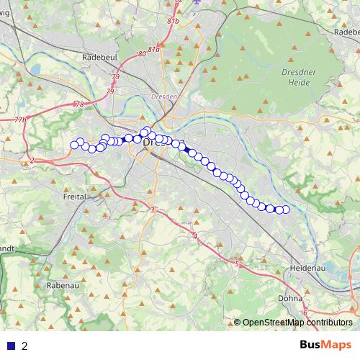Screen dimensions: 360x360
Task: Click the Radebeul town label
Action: tap(99, 57)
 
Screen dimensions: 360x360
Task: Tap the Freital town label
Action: tap(75, 197)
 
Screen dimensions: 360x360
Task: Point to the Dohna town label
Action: tap(289, 297)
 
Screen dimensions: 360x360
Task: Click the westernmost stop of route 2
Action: tap(74, 145)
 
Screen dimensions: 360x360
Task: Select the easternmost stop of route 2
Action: tap(285, 210)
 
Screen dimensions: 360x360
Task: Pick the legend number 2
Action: tap(24, 346)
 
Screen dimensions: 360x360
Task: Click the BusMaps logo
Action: tap(325, 345)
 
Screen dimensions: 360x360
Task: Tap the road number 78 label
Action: tap(78, 104)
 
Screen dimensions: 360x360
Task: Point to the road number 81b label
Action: tap(172, 22)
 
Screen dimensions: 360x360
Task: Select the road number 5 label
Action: tap(236, 264)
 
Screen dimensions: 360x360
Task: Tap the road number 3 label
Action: tap(153, 210)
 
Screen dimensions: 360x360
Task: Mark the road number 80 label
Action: tap(142, 53)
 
